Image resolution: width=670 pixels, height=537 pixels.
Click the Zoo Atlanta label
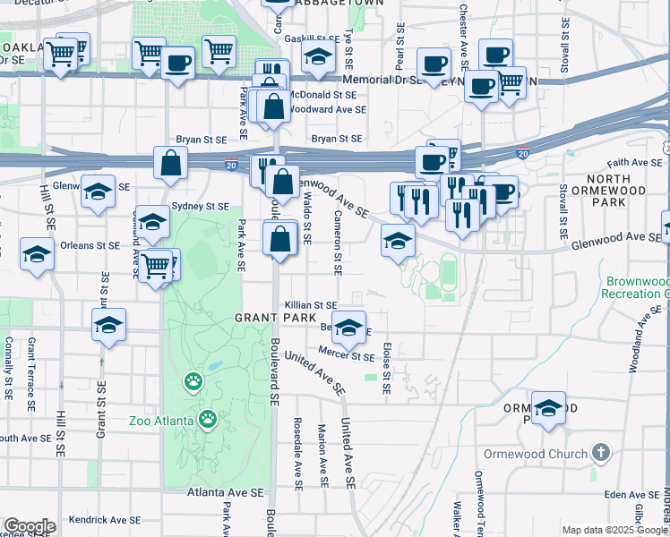(160, 421)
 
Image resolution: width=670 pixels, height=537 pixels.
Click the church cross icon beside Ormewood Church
(600, 453)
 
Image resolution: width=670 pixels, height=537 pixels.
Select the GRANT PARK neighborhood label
(275, 318)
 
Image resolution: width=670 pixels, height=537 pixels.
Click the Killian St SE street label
(312, 305)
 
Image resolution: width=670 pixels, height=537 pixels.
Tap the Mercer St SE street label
(348, 356)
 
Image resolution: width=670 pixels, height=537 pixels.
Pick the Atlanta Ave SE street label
(226, 492)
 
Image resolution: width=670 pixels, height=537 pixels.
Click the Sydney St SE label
(201, 206)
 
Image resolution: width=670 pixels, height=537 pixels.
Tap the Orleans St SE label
(90, 245)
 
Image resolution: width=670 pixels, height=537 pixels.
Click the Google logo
(30, 526)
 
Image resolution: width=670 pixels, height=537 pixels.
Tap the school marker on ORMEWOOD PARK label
(549, 407)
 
